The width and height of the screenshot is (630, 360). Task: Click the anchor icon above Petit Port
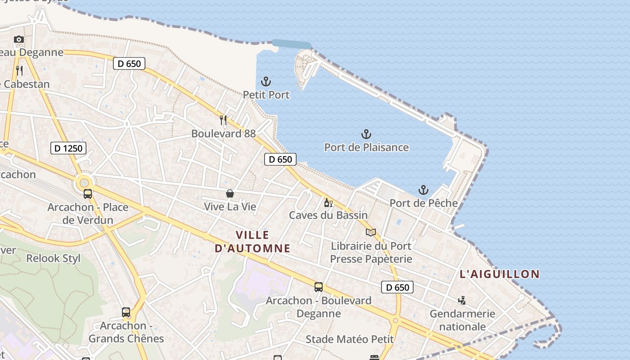pos(266,82)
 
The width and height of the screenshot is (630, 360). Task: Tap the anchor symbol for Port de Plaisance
pos(366,134)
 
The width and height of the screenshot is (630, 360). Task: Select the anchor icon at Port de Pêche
pos(423,190)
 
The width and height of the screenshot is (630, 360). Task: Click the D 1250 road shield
pos(68,148)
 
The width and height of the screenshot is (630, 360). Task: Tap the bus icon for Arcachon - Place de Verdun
pos(88,194)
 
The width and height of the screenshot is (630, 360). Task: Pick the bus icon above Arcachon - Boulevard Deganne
pos(319,287)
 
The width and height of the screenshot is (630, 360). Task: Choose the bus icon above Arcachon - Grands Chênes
pos(126,312)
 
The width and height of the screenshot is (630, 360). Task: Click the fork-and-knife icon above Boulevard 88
pos(223,120)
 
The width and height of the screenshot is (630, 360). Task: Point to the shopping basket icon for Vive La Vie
pos(230,193)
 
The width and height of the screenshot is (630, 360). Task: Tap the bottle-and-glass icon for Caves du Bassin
pos(328,202)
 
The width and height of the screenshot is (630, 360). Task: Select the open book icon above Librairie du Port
pos(371,232)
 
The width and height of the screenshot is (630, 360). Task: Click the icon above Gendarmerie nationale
pos(462,300)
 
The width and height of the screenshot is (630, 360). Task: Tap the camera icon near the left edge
pos(19,40)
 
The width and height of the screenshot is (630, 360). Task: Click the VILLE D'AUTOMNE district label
pos(252,242)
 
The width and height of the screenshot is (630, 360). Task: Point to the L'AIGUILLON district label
pos(499,274)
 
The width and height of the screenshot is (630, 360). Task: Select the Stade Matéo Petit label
pos(350,339)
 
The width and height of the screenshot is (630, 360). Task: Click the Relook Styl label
pos(53,258)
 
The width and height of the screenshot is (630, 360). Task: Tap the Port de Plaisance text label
pos(366,148)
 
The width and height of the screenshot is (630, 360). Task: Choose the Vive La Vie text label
pos(230,207)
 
